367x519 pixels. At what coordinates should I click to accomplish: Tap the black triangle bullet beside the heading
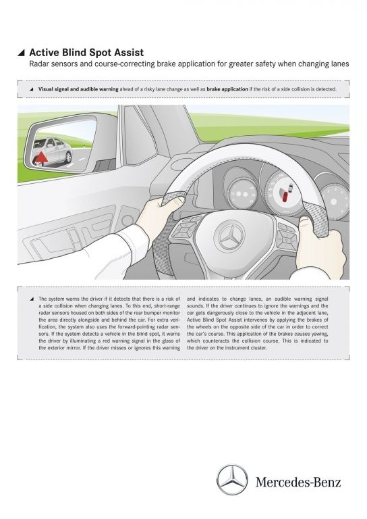pos(21,53)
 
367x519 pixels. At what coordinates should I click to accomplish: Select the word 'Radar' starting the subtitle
pos(38,64)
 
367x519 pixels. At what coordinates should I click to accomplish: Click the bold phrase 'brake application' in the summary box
pos(227,89)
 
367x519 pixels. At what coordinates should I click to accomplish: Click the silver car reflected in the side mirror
pos(53,151)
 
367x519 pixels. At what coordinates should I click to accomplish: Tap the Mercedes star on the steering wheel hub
pos(229,237)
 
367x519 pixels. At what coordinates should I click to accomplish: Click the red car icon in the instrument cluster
pos(285,195)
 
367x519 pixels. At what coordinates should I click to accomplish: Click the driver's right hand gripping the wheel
pos(320,248)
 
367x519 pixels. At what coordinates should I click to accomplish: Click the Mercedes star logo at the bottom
pos(232,480)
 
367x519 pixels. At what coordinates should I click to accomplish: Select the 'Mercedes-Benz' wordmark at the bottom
pos(298,482)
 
